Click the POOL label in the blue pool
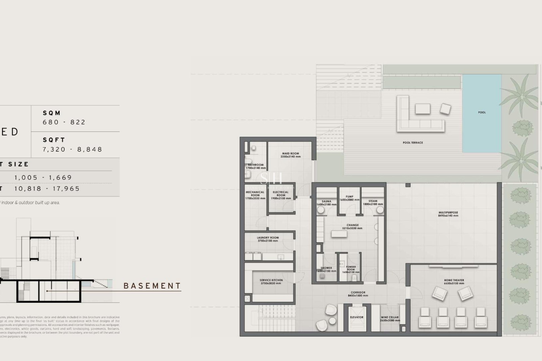click(482, 113)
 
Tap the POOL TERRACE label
click(413, 143)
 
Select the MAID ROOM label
click(290, 154)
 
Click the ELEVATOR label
click(357, 317)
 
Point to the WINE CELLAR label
click(390, 317)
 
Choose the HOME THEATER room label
click(454, 280)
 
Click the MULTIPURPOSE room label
click(448, 213)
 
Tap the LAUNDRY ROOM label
click(268, 238)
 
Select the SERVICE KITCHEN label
click(271, 280)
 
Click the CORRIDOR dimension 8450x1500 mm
click(358, 296)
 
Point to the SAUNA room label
click(326, 202)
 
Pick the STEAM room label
click(373, 201)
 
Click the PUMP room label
click(349, 197)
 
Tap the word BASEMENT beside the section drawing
click(152, 286)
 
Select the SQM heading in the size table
click(52, 113)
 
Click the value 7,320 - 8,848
click(72, 149)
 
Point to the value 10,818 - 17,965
click(47, 189)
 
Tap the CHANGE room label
click(353, 225)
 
